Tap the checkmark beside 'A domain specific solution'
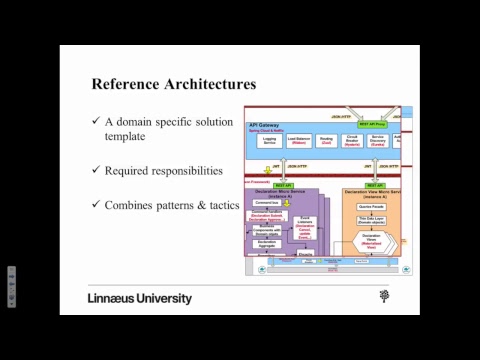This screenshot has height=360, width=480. click(x=96, y=121)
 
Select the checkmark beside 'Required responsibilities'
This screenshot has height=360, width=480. click(x=96, y=170)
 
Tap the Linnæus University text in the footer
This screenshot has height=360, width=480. click(x=140, y=298)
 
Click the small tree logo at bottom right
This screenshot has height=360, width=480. click(x=384, y=296)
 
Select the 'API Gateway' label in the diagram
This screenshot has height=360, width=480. click(x=265, y=124)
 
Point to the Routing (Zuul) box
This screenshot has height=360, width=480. click(x=326, y=142)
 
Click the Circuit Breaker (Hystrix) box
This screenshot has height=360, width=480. click(x=352, y=142)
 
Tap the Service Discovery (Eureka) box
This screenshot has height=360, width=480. click(x=378, y=142)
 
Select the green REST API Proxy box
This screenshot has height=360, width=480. click(x=373, y=124)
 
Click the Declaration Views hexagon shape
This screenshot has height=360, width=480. click(x=372, y=243)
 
